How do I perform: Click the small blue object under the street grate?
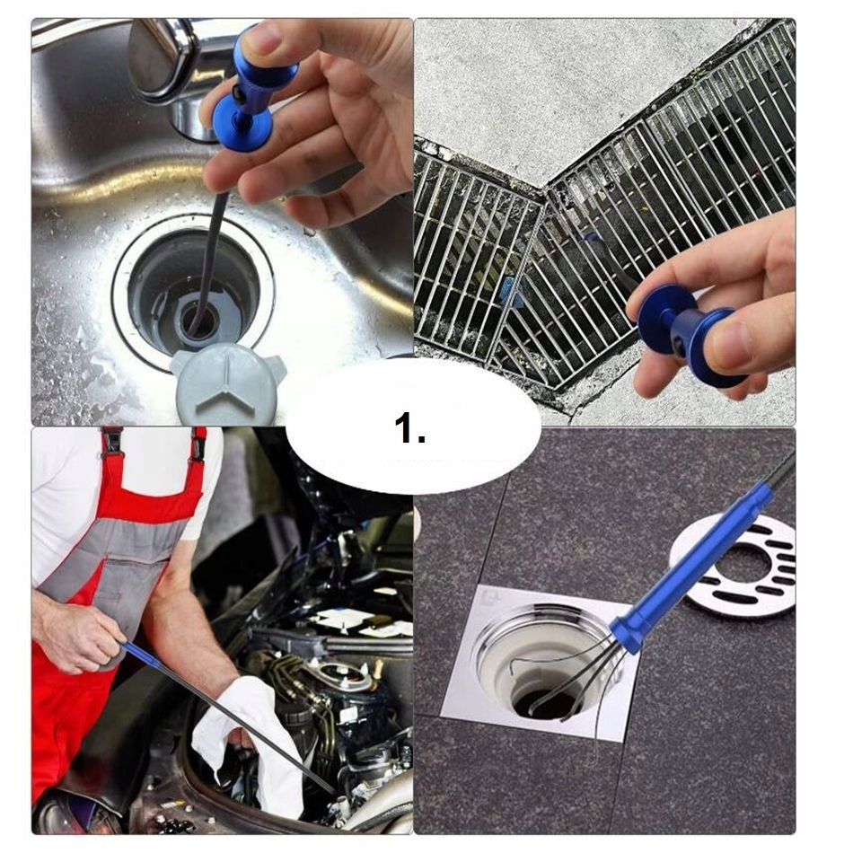pyautogui.click(x=510, y=290)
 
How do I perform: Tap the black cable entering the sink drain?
pyautogui.click(x=209, y=256)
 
